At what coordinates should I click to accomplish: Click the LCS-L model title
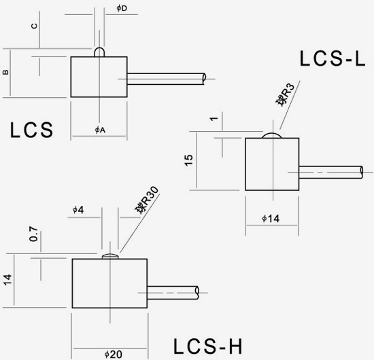click(333, 58)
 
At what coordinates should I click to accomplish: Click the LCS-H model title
click(207, 346)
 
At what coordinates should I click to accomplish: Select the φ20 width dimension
click(114, 355)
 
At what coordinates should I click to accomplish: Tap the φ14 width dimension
click(271, 219)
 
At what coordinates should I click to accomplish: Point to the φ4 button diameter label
click(78, 210)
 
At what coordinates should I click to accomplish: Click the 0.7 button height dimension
click(33, 234)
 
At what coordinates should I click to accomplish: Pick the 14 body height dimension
click(7, 279)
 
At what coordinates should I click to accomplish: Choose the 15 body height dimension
click(188, 160)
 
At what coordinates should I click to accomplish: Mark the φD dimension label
click(122, 8)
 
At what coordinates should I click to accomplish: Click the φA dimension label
click(100, 130)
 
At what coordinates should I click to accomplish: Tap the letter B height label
click(5, 72)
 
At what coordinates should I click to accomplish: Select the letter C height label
click(35, 26)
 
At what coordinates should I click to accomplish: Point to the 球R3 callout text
click(286, 94)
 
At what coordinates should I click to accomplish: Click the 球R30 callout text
click(147, 200)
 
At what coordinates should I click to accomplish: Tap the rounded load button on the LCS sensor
click(99, 52)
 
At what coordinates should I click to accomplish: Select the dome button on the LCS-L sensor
click(272, 135)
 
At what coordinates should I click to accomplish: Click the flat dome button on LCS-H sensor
click(110, 256)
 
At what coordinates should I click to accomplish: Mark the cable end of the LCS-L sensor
click(362, 172)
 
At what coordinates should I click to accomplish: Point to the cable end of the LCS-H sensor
click(197, 293)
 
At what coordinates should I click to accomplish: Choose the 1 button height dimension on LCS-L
click(214, 118)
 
